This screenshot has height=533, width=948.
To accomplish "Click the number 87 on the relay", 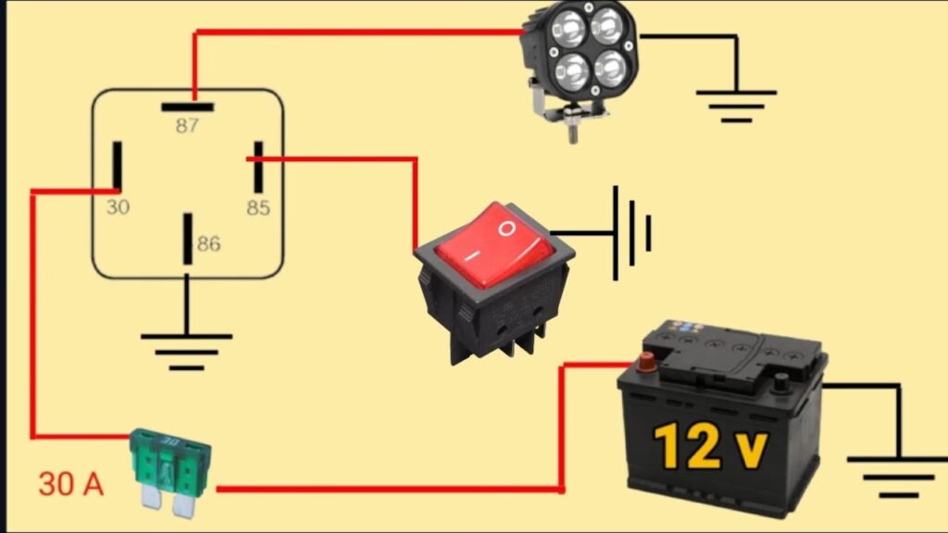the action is coord(187,126).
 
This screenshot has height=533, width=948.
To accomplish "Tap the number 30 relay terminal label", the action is coord(118,207).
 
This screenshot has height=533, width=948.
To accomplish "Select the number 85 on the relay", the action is coord(258,208).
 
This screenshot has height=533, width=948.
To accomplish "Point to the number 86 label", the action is coord(208,243).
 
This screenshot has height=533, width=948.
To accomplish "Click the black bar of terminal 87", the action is coord(187,107).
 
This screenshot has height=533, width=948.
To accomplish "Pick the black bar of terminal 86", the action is coord(188,239).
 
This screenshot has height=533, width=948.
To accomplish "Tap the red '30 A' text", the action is coord(70,484).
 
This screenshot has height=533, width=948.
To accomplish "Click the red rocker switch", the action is coord(495,281).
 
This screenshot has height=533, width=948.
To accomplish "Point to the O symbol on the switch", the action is coord(506,229).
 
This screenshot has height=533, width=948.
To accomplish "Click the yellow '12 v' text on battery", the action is coord(711,447).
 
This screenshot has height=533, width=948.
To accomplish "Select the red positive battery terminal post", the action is coord(646,363).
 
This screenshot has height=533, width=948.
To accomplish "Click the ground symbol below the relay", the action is coord(186,351).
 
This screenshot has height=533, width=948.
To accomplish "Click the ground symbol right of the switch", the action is coord(631,232).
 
